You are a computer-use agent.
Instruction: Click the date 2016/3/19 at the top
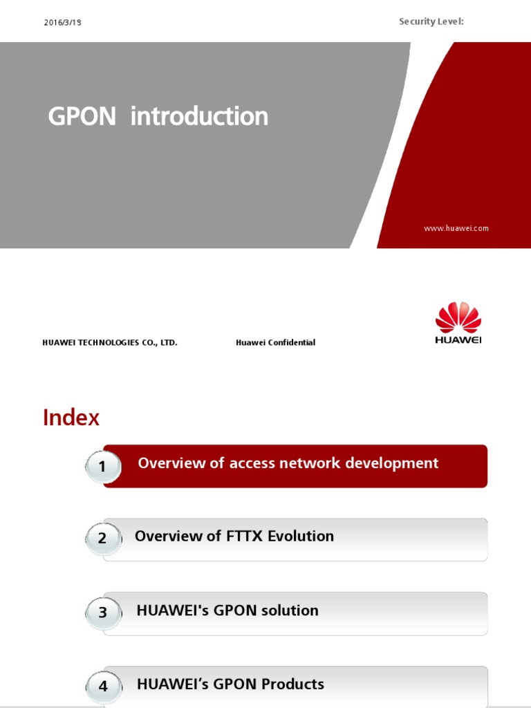pyautogui.click(x=62, y=23)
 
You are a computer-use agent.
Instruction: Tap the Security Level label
pyautogui.click(x=431, y=22)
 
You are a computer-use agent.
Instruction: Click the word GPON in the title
pyautogui.click(x=82, y=117)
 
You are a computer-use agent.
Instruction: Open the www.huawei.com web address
pyautogui.click(x=456, y=228)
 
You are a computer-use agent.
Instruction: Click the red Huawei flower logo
pyautogui.click(x=458, y=318)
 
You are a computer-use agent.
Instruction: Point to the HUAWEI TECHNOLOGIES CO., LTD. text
pyautogui.click(x=110, y=342)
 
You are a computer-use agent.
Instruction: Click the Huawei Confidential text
pyautogui.click(x=275, y=342)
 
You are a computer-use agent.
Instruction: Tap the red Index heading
pyautogui.click(x=71, y=418)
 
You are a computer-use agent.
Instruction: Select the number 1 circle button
pyautogui.click(x=102, y=467)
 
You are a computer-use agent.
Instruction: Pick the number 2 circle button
pyautogui.click(x=102, y=538)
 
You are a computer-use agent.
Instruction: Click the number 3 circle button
pyautogui.click(x=102, y=612)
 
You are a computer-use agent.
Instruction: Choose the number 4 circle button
pyautogui.click(x=103, y=686)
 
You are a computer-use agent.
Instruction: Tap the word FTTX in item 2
pyautogui.click(x=245, y=536)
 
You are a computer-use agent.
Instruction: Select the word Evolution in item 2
pyautogui.click(x=302, y=536)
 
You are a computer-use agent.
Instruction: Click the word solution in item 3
pyautogui.click(x=290, y=611)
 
